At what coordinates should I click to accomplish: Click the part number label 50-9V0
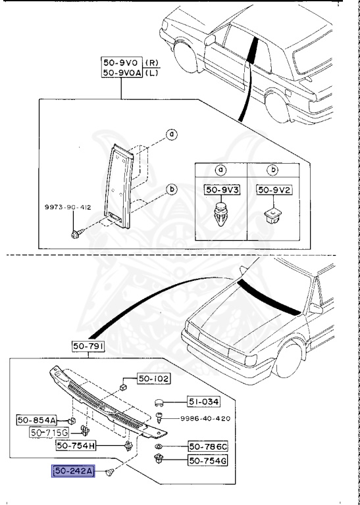[x=118, y=62]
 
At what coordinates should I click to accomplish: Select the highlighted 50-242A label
[x=74, y=471]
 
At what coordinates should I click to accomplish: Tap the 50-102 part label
[x=153, y=378]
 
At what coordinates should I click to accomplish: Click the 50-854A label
[x=55, y=420]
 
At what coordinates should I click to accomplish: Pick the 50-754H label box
[x=77, y=445]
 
